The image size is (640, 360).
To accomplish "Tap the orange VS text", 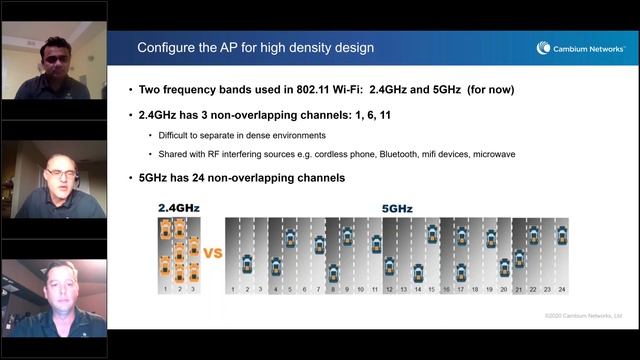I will [x=213, y=253].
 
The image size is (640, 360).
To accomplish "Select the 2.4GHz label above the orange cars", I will [x=180, y=208].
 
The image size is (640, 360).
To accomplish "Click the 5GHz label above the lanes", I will [x=398, y=209].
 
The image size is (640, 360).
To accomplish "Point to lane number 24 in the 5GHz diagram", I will [x=562, y=289].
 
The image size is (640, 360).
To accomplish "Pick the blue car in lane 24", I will [x=562, y=235].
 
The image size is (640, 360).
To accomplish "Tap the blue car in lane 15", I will [x=432, y=234].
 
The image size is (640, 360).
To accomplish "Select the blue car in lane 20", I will [x=505, y=267].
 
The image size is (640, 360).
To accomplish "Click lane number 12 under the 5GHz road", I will [x=390, y=289].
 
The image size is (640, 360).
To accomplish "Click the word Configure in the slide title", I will [x=168, y=47].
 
